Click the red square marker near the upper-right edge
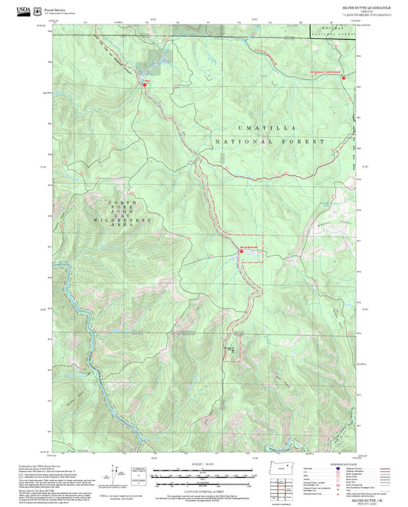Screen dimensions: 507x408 coord(344,77)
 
